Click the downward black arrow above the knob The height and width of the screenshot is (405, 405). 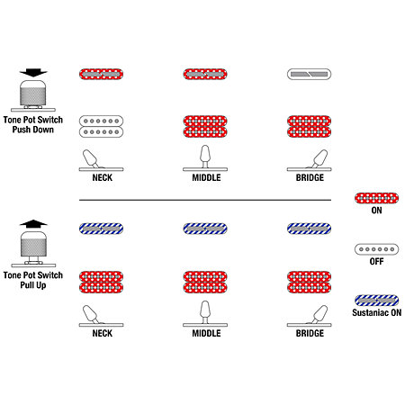coord(33,72)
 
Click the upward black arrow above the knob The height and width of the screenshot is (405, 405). coord(33,223)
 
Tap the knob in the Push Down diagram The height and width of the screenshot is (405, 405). coord(33,94)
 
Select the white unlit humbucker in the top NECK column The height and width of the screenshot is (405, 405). coord(101,126)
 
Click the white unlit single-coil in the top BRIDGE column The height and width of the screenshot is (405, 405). coord(309,74)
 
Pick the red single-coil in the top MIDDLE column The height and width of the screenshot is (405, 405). coord(205,74)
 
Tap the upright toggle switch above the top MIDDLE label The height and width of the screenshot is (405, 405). coord(205,158)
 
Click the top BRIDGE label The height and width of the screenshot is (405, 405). coord(310,177)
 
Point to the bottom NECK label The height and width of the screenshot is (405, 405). coord(103,333)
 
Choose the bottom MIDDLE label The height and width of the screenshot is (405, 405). coord(206,333)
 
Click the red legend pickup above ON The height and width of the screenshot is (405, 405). coord(376,198)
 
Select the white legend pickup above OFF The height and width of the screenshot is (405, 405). coord(376,249)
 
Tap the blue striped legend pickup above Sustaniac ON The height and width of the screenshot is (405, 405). coord(376,301)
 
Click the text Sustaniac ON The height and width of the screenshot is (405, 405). coord(377,312)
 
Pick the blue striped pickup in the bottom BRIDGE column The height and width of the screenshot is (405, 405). coord(309,229)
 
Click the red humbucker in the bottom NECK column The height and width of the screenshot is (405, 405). coord(101,282)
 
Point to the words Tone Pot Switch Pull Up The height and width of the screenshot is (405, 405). coord(33,280)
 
